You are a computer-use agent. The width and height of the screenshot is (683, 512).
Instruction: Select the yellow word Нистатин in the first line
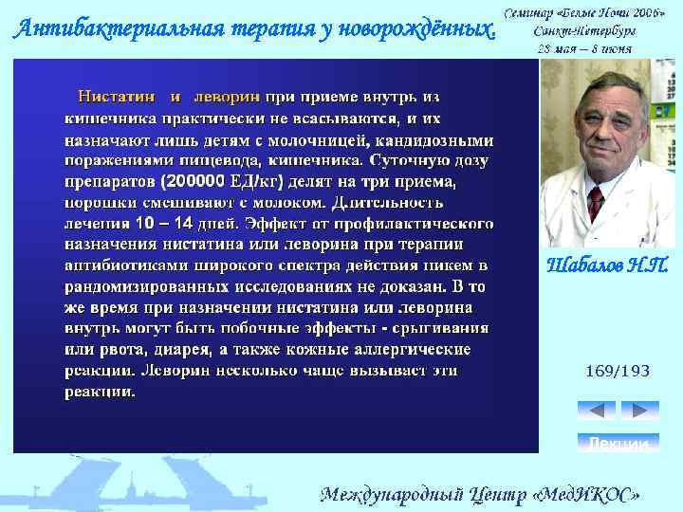coord(120,97)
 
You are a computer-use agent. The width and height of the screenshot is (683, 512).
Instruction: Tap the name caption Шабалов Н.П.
coord(607,265)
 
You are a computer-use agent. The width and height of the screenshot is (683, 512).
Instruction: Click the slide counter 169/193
coord(617,371)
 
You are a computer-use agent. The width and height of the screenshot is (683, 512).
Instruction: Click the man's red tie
coord(595,202)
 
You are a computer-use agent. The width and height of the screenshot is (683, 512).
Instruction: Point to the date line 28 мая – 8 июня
coord(586,49)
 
